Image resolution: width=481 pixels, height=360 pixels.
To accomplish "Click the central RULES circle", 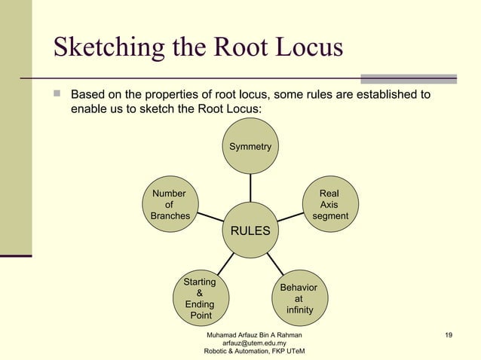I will [250, 230].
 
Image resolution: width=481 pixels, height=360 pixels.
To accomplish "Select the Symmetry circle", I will [250, 146].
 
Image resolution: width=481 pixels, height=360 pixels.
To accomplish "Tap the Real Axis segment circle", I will [329, 205].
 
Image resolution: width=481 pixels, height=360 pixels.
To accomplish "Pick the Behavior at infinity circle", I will [299, 298].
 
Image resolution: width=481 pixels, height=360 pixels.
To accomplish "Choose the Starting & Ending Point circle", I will [200, 299].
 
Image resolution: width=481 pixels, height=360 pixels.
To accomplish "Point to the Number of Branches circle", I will [169, 205].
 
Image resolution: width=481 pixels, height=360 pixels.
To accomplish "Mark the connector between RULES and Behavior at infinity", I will [275, 264].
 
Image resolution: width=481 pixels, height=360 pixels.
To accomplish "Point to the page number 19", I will [449, 334].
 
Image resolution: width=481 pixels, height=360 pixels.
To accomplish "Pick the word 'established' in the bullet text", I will [384, 95].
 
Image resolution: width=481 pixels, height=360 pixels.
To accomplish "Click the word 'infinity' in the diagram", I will [299, 310].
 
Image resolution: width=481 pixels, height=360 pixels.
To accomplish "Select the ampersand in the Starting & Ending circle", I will [199, 293].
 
